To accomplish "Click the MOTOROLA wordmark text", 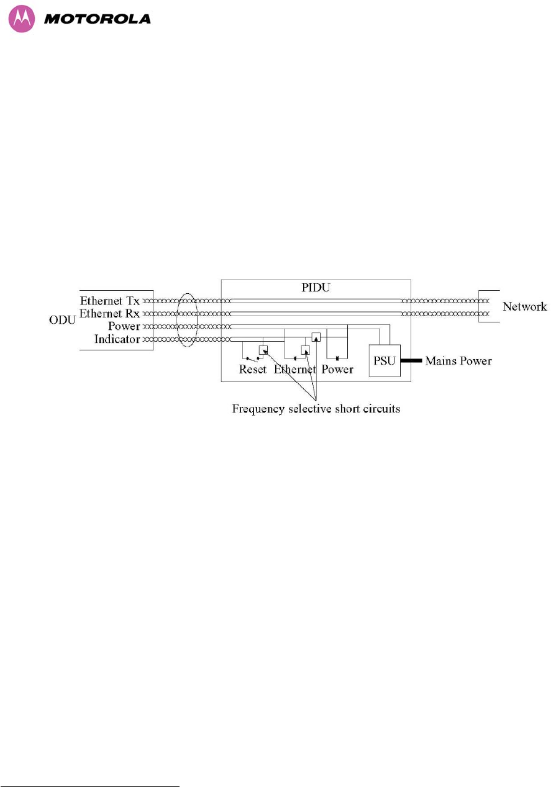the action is pyautogui.click(x=98, y=19).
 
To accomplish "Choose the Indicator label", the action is pyautogui.click(x=117, y=339).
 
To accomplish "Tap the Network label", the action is pyautogui.click(x=524, y=306).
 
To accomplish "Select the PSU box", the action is pyautogui.click(x=385, y=360).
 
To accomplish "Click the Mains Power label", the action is pyautogui.click(x=458, y=361).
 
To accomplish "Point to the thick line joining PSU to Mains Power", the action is pyautogui.click(x=411, y=360).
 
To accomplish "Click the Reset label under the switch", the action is pyautogui.click(x=253, y=370).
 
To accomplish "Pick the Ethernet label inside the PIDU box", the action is pyautogui.click(x=296, y=370).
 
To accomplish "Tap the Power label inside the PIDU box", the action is pyautogui.click(x=337, y=370).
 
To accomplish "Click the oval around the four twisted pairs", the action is pyautogui.click(x=187, y=321).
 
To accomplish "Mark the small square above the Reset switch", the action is pyautogui.click(x=263, y=349).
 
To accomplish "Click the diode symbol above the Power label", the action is pyautogui.click(x=337, y=358).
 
